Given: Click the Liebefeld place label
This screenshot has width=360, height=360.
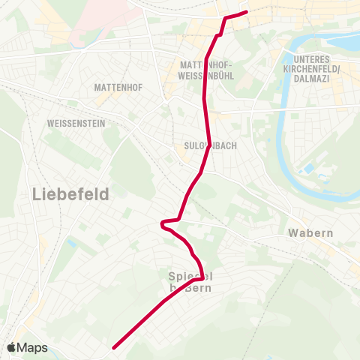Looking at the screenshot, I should pyautogui.click(x=71, y=194).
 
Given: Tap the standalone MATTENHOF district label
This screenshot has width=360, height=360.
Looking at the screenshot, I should pyautogui.click(x=114, y=88).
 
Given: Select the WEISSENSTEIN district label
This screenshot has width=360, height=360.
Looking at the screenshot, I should pyautogui.click(x=76, y=123).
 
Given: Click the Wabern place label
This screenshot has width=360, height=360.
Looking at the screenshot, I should pyautogui.click(x=310, y=233).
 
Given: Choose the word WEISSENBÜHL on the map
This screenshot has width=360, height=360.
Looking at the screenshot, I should pyautogui.click(x=208, y=76).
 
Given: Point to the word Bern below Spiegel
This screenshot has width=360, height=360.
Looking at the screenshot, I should pyautogui.click(x=199, y=288).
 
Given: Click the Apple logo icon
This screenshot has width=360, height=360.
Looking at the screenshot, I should pyautogui.click(x=13, y=347).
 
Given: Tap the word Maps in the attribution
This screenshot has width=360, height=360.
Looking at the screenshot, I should pyautogui.click(x=33, y=348).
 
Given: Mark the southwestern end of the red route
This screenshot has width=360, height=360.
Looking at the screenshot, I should pyautogui.click(x=114, y=347).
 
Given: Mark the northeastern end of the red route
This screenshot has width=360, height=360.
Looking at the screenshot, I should pyautogui.click(x=246, y=12).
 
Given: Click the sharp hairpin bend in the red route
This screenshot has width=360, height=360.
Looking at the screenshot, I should pyautogui.click(x=162, y=223).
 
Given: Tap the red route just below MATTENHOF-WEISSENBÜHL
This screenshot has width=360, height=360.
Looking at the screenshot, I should pyautogui.click(x=207, y=97).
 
